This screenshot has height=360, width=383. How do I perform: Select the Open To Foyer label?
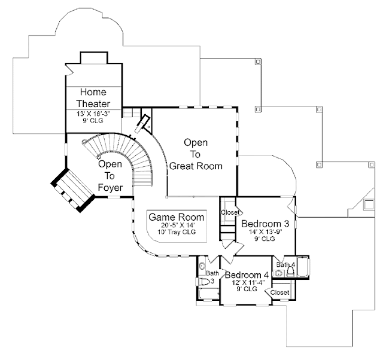[110, 176]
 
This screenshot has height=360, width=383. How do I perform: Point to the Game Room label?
[177, 216]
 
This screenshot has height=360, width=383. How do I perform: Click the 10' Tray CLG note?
[177, 231]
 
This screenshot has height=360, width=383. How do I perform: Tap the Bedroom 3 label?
[265, 224]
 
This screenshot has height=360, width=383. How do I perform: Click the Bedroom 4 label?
[248, 275]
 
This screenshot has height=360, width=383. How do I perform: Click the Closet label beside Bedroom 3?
[230, 212]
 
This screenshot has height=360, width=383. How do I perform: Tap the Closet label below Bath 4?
[280, 292]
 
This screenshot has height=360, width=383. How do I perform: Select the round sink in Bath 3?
[202, 266]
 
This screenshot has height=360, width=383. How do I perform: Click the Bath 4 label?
[284, 264]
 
